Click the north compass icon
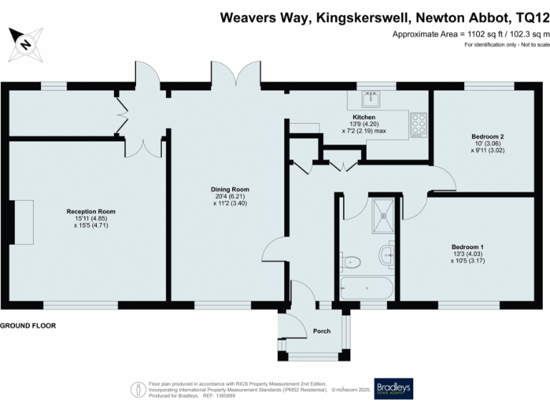pos(26,44)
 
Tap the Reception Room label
pos(91,212)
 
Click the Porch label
pos(322,331)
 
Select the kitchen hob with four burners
pos(419,126)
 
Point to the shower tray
pos(385,213)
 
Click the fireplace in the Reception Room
pos(23,222)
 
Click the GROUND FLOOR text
pos(28,325)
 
